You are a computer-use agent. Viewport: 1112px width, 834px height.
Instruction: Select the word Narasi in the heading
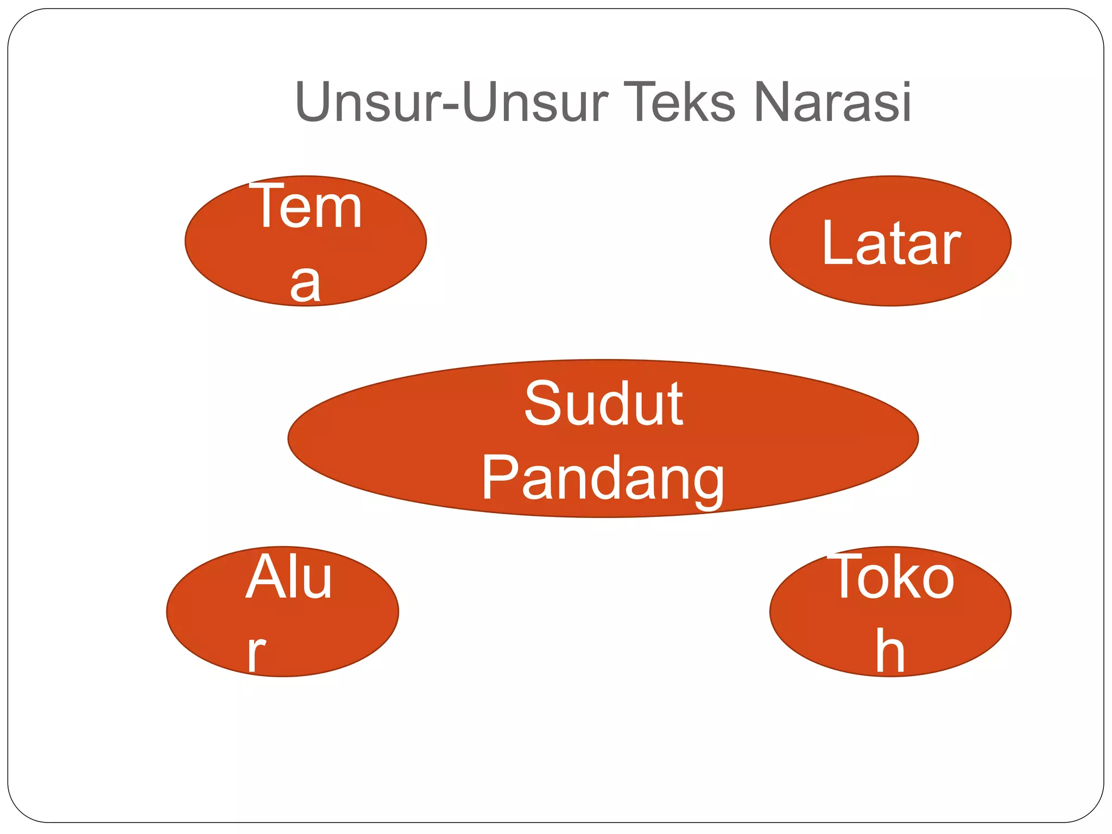(x=833, y=102)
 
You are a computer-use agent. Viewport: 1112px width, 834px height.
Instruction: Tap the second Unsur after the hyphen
(x=535, y=102)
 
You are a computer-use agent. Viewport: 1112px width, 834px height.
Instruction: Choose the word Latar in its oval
(x=891, y=243)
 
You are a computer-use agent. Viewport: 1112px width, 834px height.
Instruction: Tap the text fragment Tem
(x=306, y=207)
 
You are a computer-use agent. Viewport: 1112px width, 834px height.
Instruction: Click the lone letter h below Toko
(x=890, y=652)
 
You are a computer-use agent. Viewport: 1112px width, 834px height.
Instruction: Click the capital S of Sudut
(x=544, y=403)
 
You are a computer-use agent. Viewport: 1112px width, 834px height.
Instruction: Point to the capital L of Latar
(x=837, y=243)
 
